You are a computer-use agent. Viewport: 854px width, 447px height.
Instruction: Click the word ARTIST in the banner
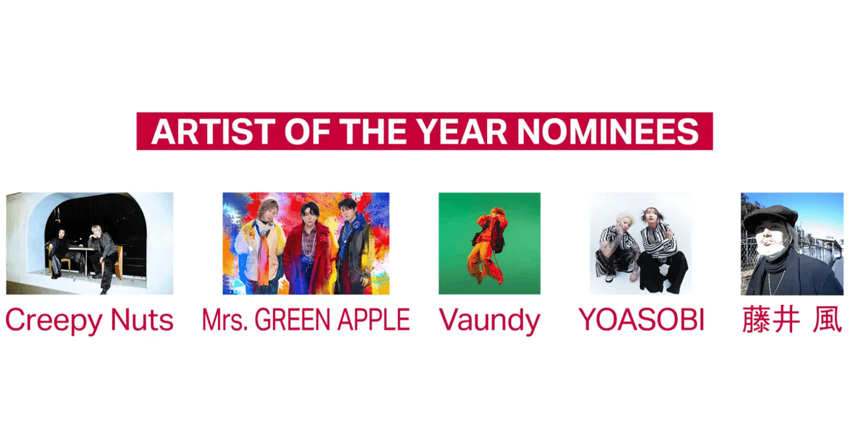(x=213, y=131)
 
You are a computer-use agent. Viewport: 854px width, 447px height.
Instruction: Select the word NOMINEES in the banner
(x=608, y=131)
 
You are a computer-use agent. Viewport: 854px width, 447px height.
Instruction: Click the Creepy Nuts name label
(x=89, y=320)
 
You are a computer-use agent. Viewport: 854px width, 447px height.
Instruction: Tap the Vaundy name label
(x=490, y=320)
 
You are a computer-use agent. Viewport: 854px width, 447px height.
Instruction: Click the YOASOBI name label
(x=641, y=319)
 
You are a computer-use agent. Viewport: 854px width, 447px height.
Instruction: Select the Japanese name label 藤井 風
(x=792, y=319)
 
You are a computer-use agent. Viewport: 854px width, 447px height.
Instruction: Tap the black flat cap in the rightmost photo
(x=770, y=215)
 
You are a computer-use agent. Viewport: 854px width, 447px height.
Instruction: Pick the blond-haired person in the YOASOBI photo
(x=616, y=248)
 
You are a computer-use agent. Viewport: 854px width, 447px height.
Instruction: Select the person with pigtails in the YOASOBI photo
(x=661, y=250)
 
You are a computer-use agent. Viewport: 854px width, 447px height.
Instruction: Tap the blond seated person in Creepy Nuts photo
(x=102, y=256)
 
